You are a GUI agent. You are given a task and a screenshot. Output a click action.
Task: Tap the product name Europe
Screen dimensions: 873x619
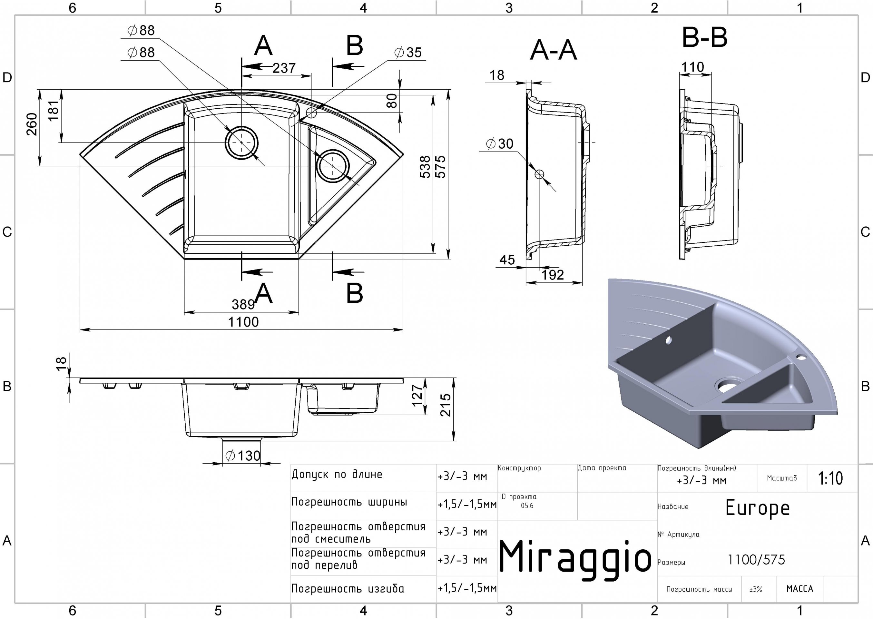pos(758,508)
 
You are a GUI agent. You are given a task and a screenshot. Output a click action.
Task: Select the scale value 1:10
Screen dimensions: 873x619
pos(830,478)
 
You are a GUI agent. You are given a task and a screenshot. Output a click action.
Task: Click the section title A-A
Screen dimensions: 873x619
pos(553,50)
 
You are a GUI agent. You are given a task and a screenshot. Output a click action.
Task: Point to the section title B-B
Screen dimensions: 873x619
pos(705,38)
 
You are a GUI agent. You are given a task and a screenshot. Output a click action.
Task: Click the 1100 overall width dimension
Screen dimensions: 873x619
pos(243,322)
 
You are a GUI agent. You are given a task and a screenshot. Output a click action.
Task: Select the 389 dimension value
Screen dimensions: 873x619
pos(243,304)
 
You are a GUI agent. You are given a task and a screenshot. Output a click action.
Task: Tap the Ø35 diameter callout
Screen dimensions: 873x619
pos(408,52)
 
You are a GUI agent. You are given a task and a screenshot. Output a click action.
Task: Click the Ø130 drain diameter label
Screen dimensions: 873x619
pos(243,456)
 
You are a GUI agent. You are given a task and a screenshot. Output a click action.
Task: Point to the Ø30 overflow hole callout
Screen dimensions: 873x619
pos(500,144)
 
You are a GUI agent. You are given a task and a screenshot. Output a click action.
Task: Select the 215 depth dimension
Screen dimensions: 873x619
pos(446,405)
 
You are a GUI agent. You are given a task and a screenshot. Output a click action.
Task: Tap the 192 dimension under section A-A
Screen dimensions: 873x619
pos(553,275)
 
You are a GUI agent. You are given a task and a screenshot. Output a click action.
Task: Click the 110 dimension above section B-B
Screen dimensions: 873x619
pos(692,67)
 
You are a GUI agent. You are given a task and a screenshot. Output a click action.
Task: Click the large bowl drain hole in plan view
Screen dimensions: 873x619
pos(241,143)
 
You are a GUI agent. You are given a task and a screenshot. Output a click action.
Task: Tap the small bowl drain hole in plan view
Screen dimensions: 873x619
pos(333,166)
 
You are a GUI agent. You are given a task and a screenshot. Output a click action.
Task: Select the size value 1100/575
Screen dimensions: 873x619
pos(756,560)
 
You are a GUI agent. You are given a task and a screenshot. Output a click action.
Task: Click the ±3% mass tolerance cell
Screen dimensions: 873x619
pos(756,589)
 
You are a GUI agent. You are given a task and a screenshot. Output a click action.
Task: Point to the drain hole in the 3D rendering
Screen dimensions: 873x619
pos(729,385)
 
